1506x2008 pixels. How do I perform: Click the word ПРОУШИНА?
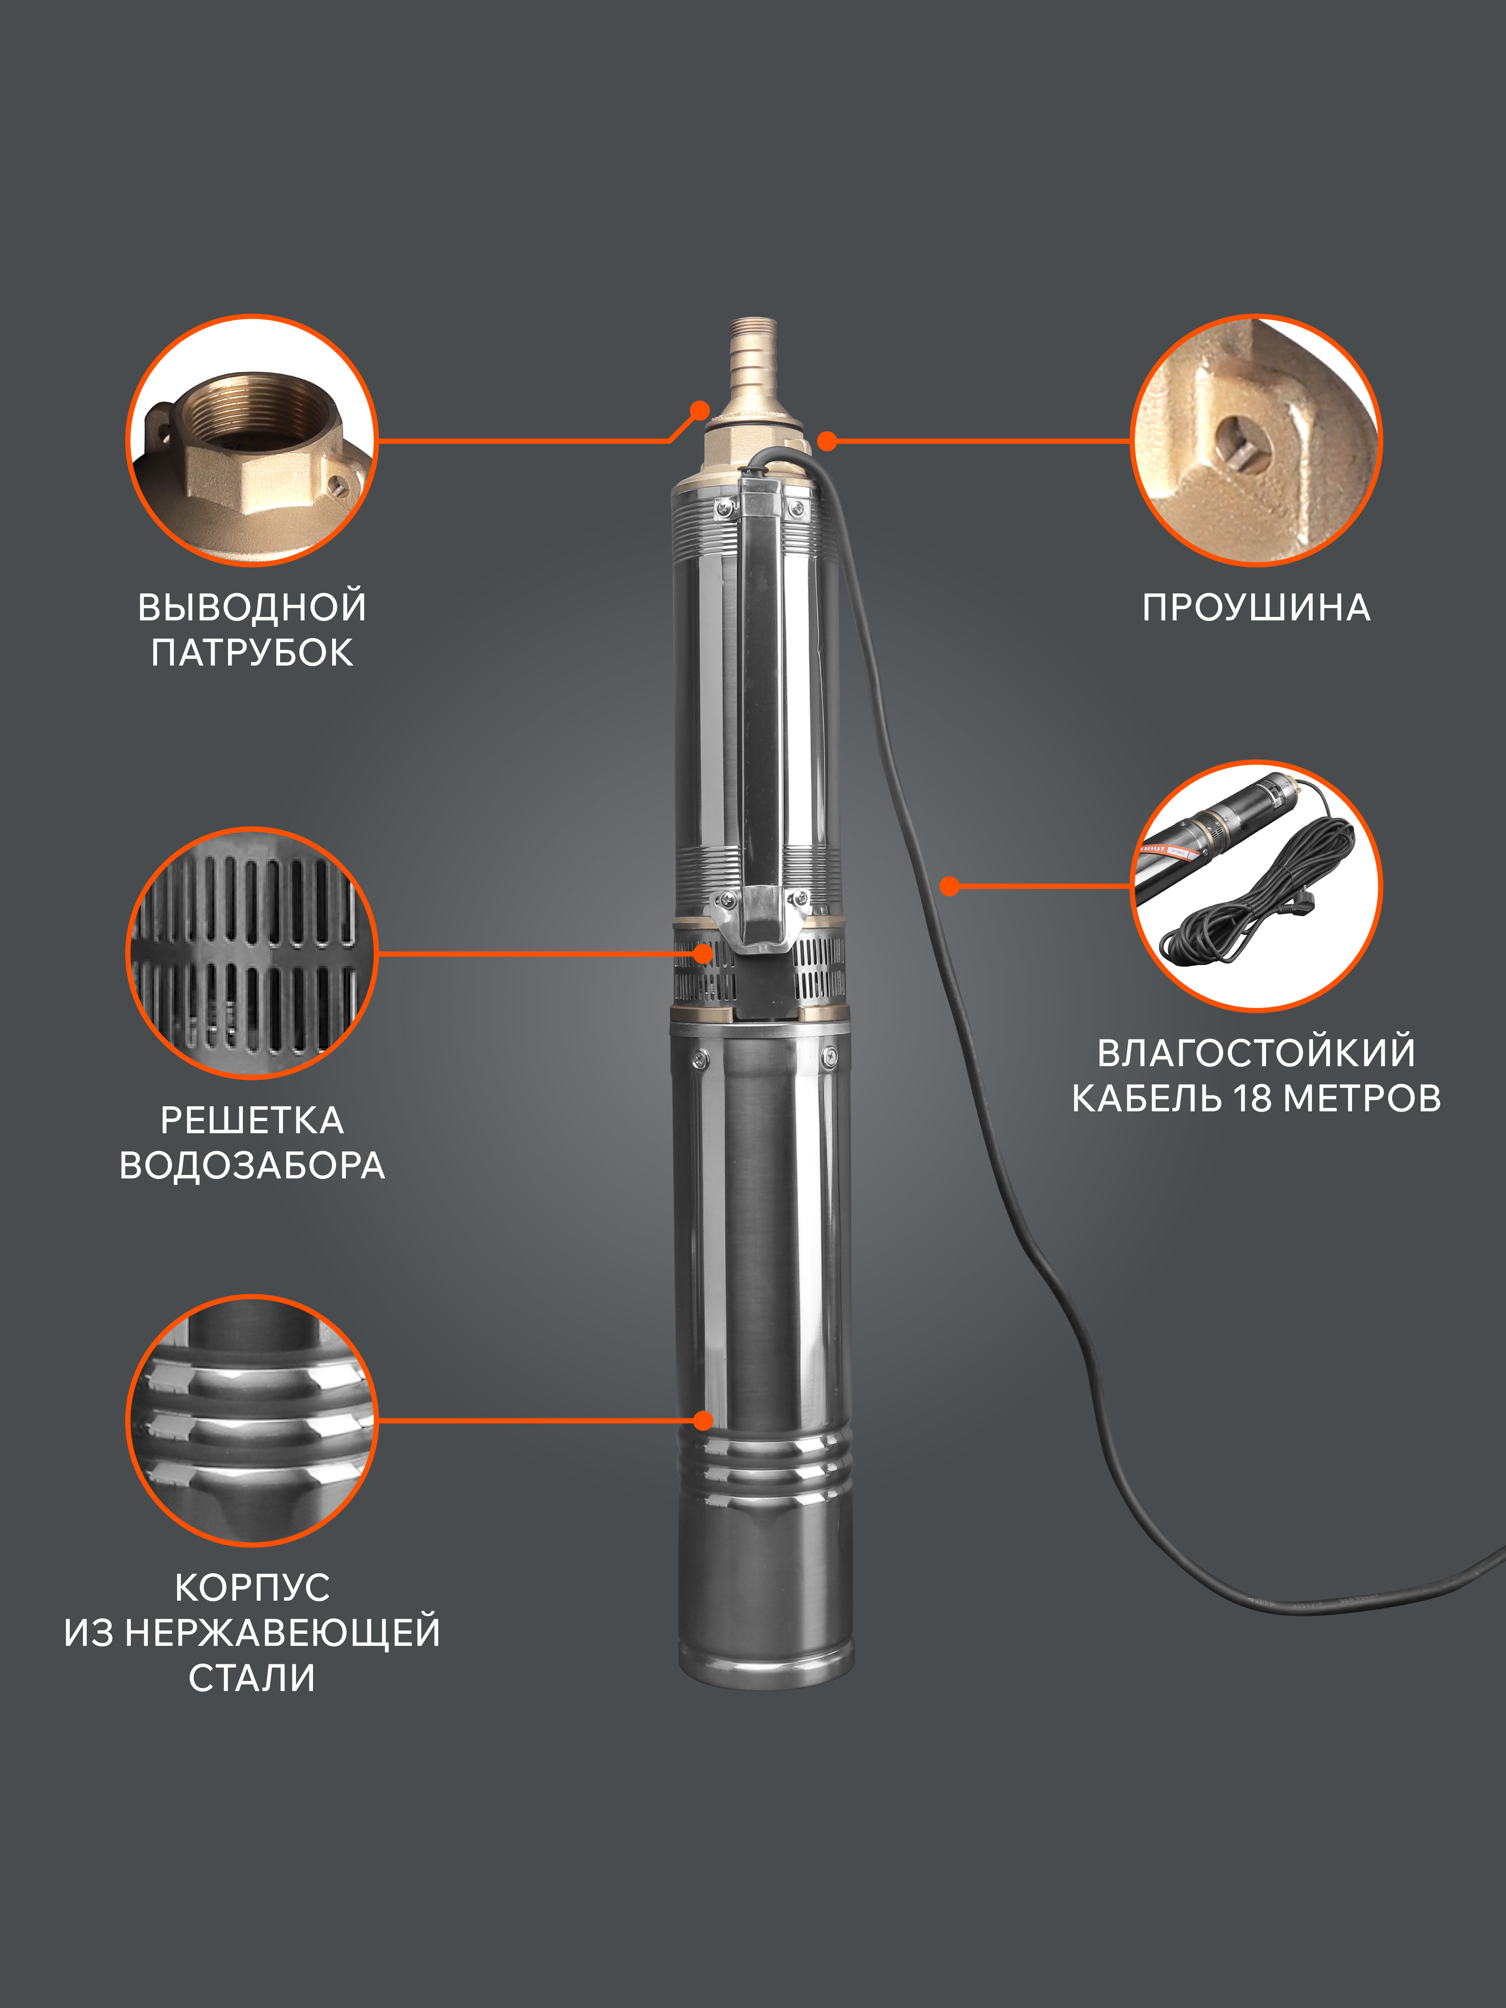[1256, 607]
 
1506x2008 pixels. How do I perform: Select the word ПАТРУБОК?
[252, 653]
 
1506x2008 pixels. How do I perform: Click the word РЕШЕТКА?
[252, 1120]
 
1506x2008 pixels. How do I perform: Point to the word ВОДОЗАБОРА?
[252, 1166]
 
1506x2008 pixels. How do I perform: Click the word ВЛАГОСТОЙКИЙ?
[1256, 1052]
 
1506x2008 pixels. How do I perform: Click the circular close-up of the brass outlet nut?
[252, 440]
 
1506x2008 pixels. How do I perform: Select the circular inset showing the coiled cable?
[1256, 886]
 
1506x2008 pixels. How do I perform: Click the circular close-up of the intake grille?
[252, 953]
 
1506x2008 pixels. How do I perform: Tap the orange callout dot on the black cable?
[949, 886]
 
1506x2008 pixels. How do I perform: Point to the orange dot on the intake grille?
[704, 953]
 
